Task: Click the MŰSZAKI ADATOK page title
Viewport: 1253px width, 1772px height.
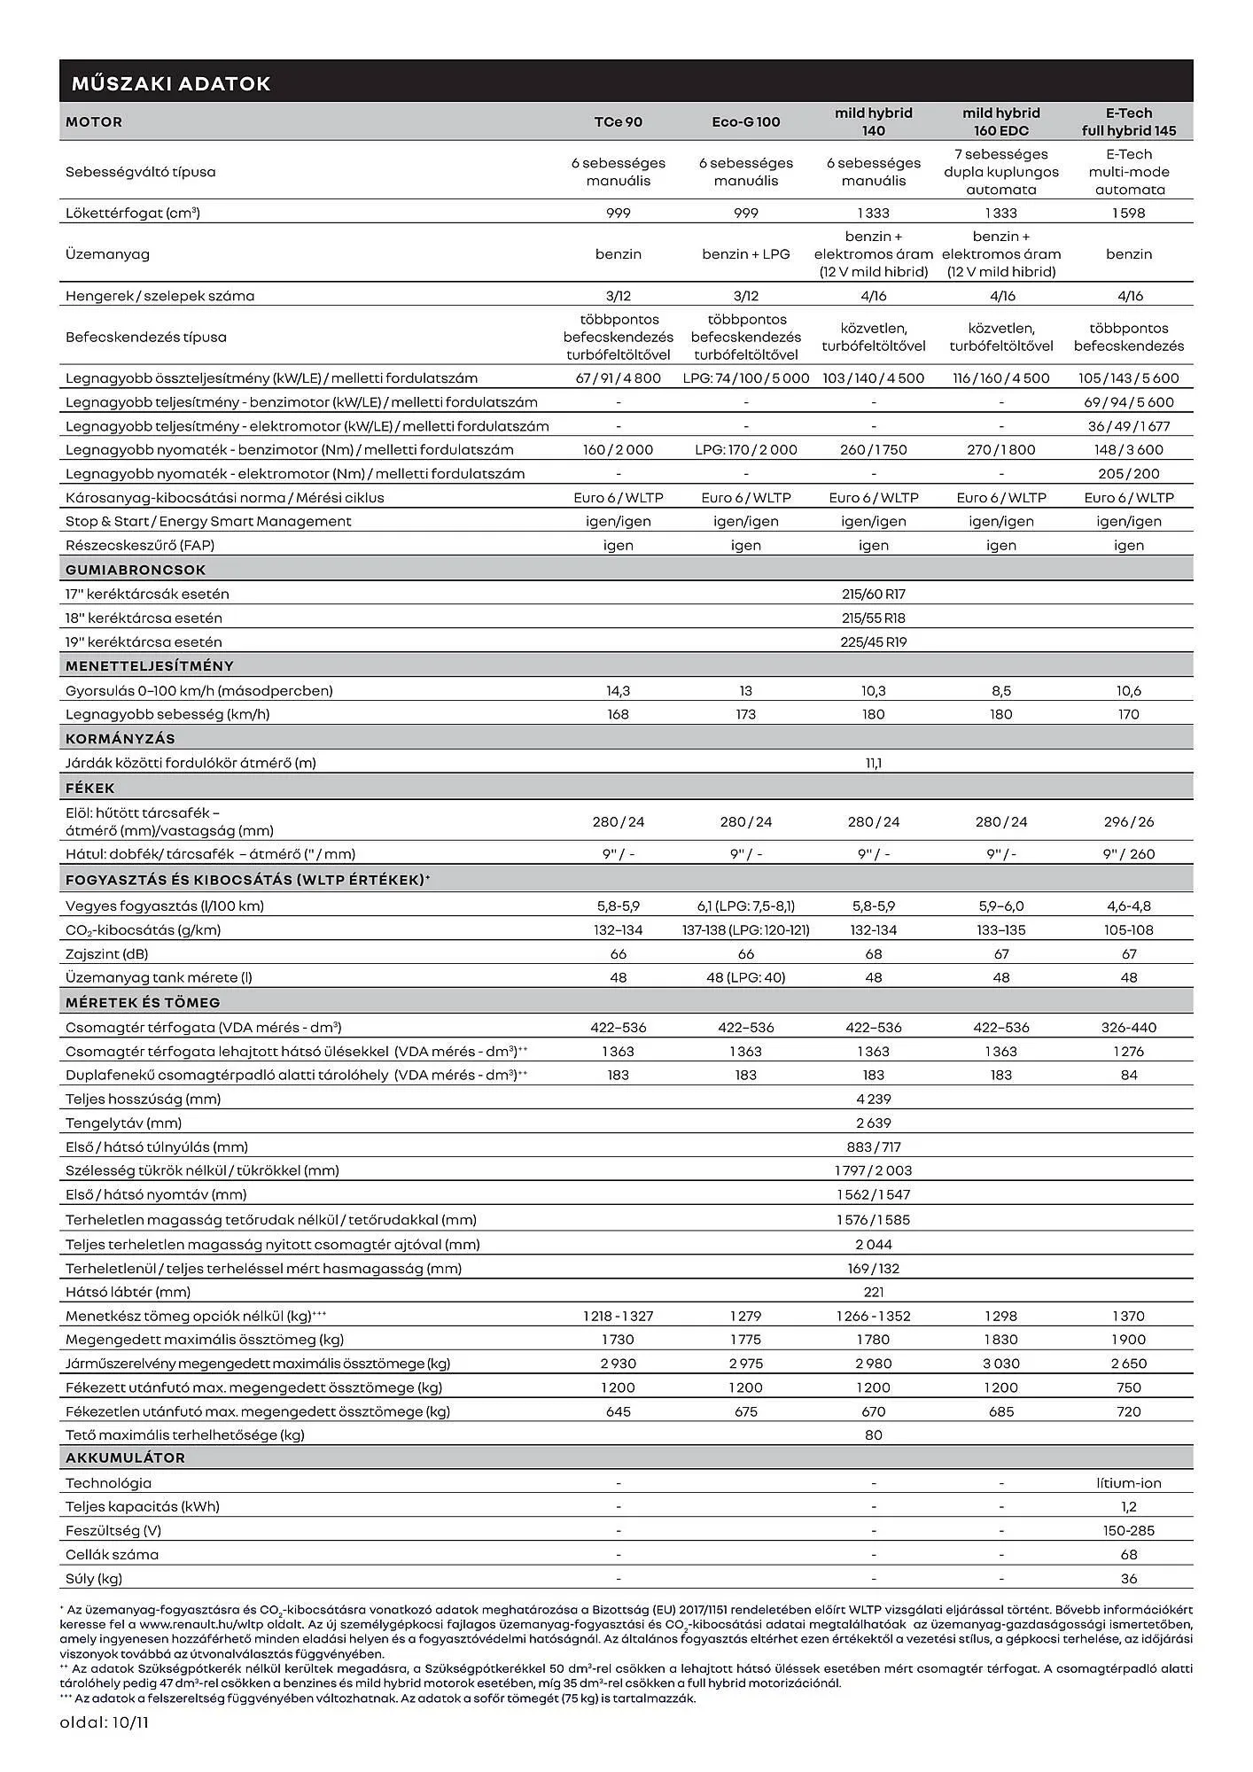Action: coord(170,84)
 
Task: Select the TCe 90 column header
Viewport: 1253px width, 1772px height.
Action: coord(618,122)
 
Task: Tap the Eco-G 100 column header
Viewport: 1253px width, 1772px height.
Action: coord(745,122)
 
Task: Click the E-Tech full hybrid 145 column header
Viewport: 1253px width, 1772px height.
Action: coord(1128,122)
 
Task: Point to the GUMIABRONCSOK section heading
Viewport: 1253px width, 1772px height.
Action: coord(136,570)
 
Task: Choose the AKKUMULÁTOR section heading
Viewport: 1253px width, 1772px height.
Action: coord(125,1457)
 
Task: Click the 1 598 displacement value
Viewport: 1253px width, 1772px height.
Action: coord(1128,213)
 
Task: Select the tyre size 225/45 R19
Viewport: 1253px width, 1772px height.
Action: coord(873,641)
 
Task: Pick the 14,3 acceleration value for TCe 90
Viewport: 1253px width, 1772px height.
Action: coord(618,690)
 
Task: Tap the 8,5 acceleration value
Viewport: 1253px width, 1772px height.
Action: coord(1000,690)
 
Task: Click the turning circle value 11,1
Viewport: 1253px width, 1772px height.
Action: coord(873,762)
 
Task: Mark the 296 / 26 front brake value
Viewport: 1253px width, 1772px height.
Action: coord(1128,821)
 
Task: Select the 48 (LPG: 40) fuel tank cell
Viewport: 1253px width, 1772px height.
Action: coord(745,977)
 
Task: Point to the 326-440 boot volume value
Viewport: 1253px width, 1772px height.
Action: coord(1128,1027)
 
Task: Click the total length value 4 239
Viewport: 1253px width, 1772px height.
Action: coord(873,1099)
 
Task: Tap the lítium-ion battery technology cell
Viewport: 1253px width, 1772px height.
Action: coord(1128,1483)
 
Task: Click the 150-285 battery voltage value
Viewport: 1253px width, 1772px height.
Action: coord(1128,1530)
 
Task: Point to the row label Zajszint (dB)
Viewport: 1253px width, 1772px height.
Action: coord(106,953)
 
